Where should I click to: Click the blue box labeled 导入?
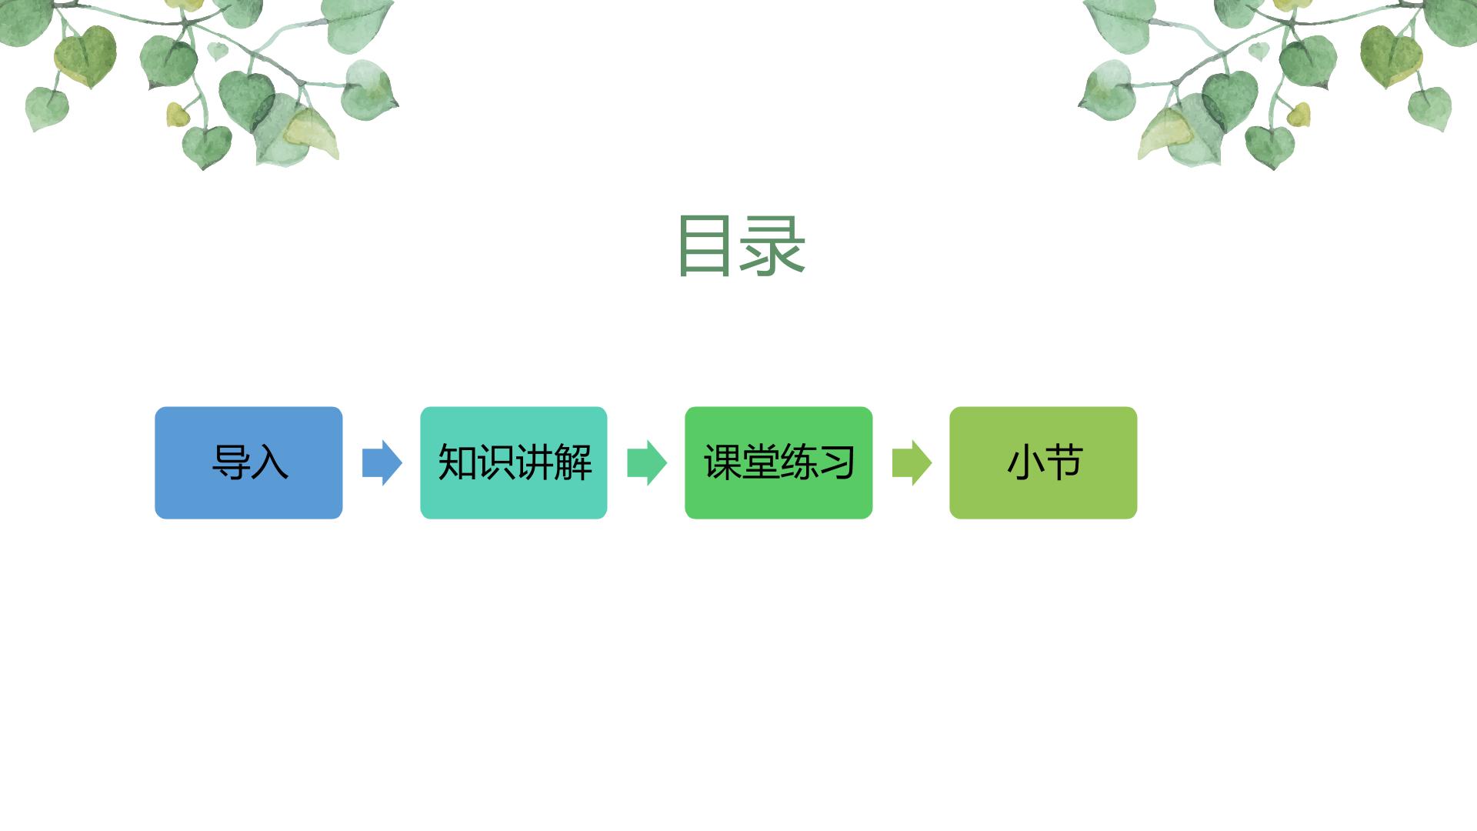[x=248, y=462]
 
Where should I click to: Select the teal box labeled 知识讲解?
[x=514, y=462]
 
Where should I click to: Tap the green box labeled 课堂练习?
[x=779, y=462]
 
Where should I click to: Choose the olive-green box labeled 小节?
[x=1043, y=462]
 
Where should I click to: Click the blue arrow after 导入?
[x=382, y=462]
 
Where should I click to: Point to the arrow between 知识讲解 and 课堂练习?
[x=647, y=462]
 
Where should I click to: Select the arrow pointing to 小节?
[x=912, y=462]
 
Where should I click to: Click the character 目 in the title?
[x=705, y=245]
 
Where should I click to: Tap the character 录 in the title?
[x=772, y=245]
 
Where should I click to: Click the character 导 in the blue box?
[x=231, y=462]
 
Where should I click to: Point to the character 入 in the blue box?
[x=269, y=462]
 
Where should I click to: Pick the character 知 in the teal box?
[x=457, y=462]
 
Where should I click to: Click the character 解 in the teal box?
[x=573, y=462]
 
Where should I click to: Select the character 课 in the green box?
[x=722, y=462]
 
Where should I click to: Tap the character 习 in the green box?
[x=837, y=462]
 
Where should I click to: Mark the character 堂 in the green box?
[x=761, y=462]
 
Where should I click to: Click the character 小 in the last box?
[x=1025, y=462]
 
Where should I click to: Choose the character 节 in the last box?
[x=1064, y=462]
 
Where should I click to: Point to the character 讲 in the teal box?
[x=534, y=462]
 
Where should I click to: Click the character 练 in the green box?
[x=799, y=462]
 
